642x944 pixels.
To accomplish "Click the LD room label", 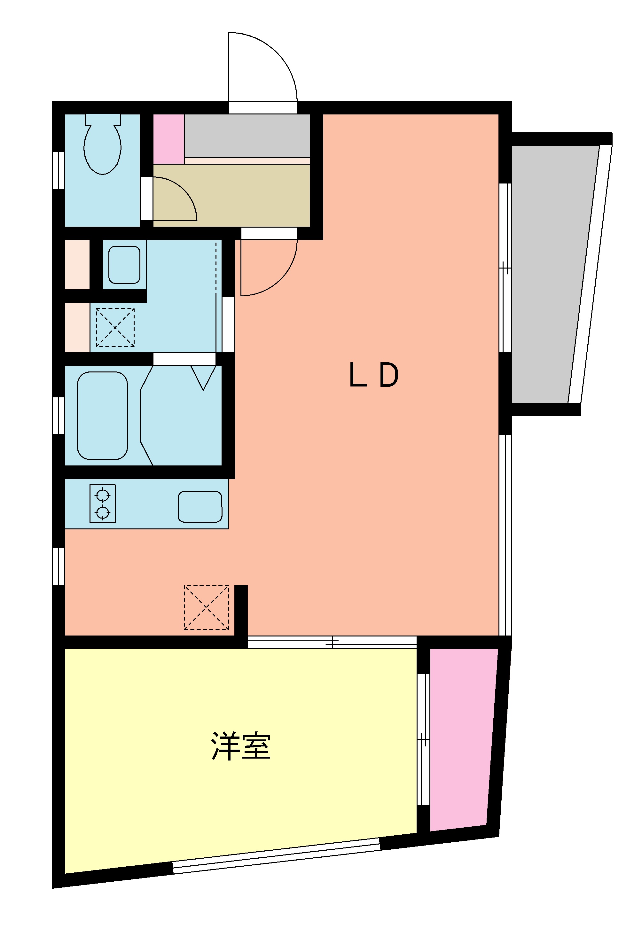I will pos(373,375).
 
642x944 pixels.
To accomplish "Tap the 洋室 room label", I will pos(240,746).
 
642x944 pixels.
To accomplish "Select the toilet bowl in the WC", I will pos(102,147).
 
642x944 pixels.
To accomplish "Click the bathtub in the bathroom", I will pos(102,416).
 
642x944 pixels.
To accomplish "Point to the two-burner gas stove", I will pos(102,503).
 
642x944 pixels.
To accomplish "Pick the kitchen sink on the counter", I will pos(200,507).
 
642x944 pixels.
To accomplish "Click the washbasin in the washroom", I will pos(124,264).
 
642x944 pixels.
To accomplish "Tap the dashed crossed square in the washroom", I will pos(115,327).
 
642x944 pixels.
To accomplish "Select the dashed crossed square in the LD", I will pos(207,607).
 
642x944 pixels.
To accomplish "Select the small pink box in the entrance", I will pos(168,139).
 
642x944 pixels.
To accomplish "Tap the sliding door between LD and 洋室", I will pos(332,642).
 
